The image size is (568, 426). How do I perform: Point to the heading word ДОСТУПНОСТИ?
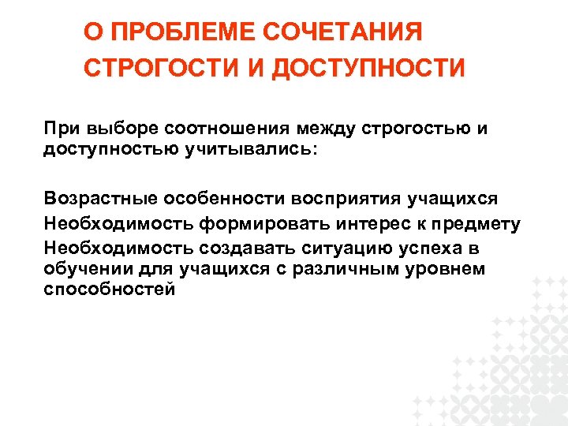click(368, 68)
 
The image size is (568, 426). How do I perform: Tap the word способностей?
click(110, 288)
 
